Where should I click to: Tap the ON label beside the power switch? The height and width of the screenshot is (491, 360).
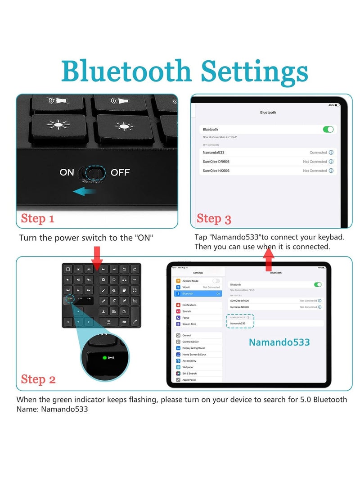pyautogui.click(x=67, y=172)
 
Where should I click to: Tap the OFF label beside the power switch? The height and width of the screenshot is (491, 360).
pyautogui.click(x=120, y=172)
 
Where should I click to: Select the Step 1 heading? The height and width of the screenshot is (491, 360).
pyautogui.click(x=38, y=219)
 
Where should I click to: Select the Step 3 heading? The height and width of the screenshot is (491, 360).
pyautogui.click(x=214, y=219)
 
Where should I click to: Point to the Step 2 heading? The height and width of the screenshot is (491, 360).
pyautogui.click(x=38, y=379)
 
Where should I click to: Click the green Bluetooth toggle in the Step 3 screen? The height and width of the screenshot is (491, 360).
pyautogui.click(x=328, y=129)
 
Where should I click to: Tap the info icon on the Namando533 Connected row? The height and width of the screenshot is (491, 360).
pyautogui.click(x=331, y=153)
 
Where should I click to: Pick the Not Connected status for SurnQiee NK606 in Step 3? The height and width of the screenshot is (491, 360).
pyautogui.click(x=315, y=171)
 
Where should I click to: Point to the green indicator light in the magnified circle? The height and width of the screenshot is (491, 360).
pyautogui.click(x=104, y=358)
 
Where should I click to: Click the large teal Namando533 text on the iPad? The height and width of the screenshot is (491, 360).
pyautogui.click(x=279, y=342)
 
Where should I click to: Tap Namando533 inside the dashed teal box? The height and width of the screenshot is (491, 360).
pyautogui.click(x=238, y=323)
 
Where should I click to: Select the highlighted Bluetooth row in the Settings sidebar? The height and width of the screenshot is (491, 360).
pyautogui.click(x=198, y=293)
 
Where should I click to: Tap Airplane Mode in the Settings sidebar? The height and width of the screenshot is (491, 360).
pyautogui.click(x=191, y=281)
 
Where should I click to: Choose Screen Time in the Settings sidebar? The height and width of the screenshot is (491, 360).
pyautogui.click(x=189, y=324)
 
